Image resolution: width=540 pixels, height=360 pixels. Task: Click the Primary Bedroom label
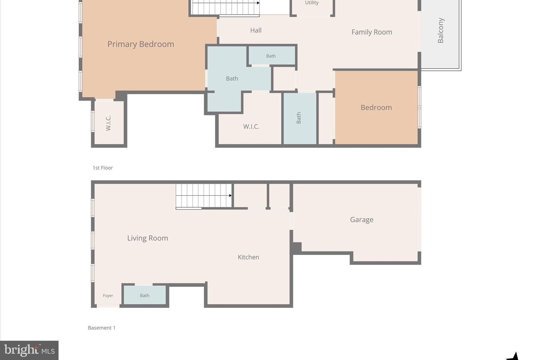141,44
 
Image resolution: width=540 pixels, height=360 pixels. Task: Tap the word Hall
256,30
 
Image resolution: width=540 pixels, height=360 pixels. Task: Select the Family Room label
372,32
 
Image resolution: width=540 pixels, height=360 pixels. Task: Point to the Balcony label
440,30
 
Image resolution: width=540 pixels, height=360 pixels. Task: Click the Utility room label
312,3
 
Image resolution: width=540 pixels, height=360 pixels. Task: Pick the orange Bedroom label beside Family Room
376,108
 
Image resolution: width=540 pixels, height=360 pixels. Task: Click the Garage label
361,220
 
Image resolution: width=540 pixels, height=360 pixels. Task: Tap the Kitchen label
248,257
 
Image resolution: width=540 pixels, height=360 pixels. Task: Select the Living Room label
147,238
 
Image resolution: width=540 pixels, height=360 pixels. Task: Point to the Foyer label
108,295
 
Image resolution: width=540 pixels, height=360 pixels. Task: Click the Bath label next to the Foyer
145,295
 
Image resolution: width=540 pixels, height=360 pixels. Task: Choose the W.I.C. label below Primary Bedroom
108,123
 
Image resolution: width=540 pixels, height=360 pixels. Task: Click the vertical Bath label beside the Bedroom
298,118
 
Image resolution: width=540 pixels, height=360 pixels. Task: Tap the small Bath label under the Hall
271,56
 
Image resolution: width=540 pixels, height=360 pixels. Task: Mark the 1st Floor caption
103,168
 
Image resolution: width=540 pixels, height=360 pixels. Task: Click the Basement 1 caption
102,328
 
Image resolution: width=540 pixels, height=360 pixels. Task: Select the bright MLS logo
29,350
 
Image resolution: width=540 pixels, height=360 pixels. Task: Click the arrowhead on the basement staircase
231,195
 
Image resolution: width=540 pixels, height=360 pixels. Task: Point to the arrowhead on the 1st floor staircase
258,3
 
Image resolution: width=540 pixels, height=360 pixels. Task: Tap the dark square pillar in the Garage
297,247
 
